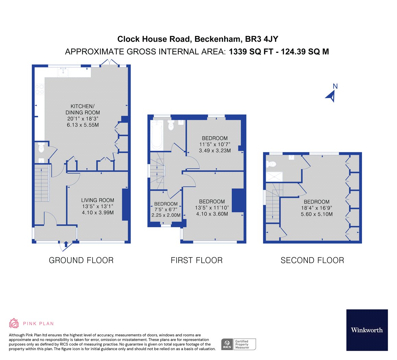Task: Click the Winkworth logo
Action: pos(366,330)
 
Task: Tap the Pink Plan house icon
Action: pos(14,323)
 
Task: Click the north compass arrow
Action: pos(331,96)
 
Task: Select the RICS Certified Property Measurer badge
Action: pos(239,344)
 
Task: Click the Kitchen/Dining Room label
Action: pos(83,109)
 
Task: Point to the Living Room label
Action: pos(97,200)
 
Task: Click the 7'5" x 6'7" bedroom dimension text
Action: pos(166,209)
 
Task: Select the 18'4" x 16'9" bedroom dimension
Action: pos(316,208)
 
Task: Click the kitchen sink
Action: pos(62,72)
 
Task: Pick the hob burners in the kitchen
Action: pos(39,89)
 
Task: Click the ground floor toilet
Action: pos(41,148)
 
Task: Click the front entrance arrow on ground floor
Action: pos(66,244)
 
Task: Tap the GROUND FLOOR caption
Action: pos(81,260)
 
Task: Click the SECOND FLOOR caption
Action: pos(312,260)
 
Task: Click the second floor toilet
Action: pos(272,164)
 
